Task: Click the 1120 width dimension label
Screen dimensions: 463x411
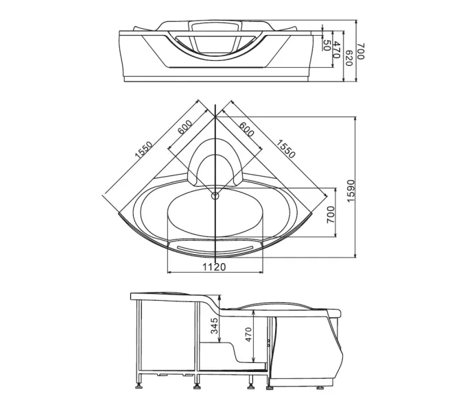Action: coord(214,267)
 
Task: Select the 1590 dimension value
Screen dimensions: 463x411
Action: coord(351,190)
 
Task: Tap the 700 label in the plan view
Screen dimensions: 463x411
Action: coord(331,214)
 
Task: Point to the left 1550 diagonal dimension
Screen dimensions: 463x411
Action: coord(143,150)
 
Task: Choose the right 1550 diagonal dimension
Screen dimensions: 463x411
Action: coord(285,149)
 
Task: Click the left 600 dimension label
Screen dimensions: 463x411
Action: coord(185,127)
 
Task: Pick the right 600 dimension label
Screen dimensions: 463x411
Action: coord(246,129)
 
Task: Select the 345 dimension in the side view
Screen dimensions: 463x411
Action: coord(215,325)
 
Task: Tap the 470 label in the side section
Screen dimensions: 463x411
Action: coord(248,334)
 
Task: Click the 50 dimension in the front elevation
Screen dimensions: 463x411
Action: coord(327,45)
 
